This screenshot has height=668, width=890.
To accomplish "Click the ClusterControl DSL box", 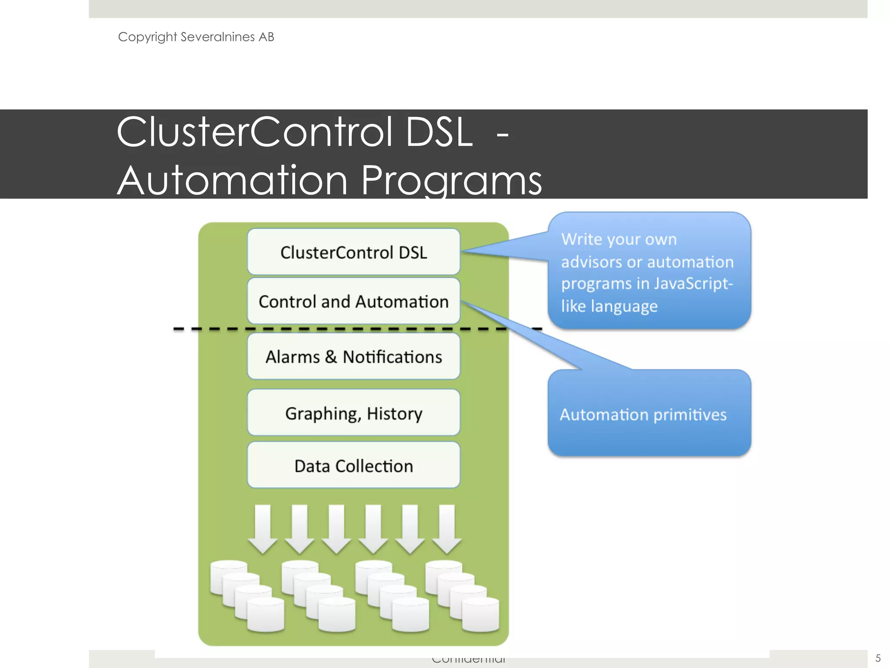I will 353,252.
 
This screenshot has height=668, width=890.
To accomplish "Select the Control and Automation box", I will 353,301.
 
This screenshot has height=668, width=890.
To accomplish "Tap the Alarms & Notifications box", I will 353,357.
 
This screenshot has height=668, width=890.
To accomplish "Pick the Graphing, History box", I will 353,413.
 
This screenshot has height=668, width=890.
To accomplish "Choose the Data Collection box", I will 353,466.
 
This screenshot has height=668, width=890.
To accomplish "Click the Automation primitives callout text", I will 643,414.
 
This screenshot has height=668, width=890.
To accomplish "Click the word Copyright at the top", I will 147,37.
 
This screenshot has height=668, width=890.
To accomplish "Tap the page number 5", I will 878,658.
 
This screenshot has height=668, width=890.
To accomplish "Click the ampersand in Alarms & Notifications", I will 331,357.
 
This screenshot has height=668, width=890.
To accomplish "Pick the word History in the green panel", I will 394,413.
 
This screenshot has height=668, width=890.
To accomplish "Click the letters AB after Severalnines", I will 266,37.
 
